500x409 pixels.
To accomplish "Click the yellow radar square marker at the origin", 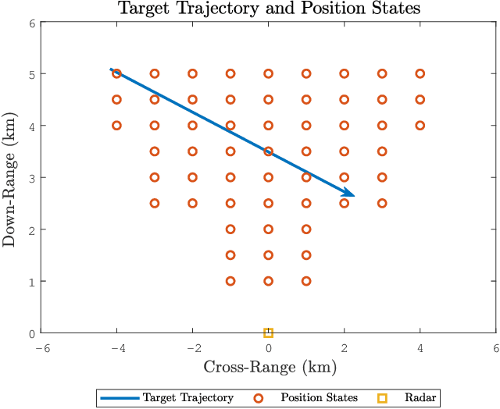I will pyautogui.click(x=268, y=333).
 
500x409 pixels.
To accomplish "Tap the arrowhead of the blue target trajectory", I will pyautogui.click(x=350, y=194).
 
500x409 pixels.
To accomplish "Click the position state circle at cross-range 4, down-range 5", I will pyautogui.click(x=420, y=73).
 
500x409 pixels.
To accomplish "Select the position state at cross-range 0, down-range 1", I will pyautogui.click(x=268, y=281).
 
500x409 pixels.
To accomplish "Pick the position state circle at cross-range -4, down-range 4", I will pyautogui.click(x=116, y=126).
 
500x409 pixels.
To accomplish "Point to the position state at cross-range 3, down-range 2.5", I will pyautogui.click(x=382, y=203).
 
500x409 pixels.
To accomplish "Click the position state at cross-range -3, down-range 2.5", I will pyautogui.click(x=155, y=203).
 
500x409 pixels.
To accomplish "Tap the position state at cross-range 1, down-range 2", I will pyautogui.click(x=306, y=229).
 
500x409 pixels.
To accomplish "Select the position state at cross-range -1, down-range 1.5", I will pyautogui.click(x=230, y=255).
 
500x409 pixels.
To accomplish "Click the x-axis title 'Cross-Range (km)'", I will pyautogui.click(x=268, y=367).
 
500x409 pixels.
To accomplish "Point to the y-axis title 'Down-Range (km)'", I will pyautogui.click(x=10, y=178).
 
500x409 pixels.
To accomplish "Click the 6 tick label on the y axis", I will pyautogui.click(x=31, y=23).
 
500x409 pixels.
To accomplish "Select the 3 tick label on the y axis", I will pyautogui.click(x=31, y=178).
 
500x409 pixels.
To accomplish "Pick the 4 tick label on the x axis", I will pyautogui.click(x=420, y=347).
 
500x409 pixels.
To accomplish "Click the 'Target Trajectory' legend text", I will pyautogui.click(x=187, y=398).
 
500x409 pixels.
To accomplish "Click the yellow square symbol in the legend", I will pyautogui.click(x=381, y=398).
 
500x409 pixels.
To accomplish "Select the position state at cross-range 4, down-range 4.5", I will pyautogui.click(x=420, y=100).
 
